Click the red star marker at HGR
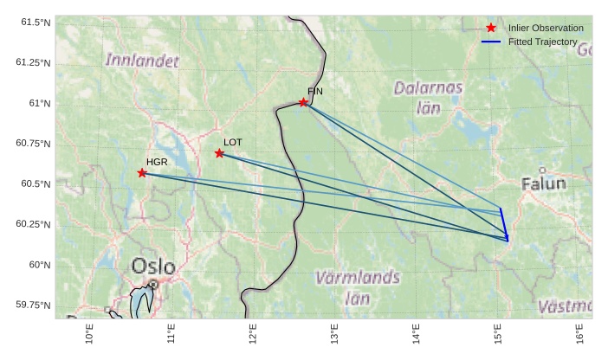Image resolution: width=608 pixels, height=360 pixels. tap(142, 173)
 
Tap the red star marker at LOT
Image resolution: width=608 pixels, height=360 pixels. tap(220, 153)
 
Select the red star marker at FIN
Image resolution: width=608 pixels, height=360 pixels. tap(304, 103)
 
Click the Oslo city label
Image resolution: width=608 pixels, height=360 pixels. tap(153, 266)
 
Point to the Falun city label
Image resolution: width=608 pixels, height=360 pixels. tap(544, 183)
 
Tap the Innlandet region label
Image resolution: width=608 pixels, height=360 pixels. tap(142, 61)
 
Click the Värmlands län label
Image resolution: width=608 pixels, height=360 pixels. tap(358, 287)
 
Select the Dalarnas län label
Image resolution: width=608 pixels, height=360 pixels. tap(428, 97)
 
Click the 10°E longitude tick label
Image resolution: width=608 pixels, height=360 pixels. tap(90, 333)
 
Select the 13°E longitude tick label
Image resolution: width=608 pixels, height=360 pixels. tap(334, 333)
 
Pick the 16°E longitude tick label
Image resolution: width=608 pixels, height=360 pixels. tap(579, 333)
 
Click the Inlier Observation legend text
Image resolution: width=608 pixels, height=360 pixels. tap(546, 29)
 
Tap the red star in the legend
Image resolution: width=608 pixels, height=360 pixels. tap(491, 29)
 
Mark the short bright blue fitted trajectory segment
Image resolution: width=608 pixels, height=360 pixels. tap(503, 224)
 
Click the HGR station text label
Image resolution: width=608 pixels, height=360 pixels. tap(157, 162)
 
